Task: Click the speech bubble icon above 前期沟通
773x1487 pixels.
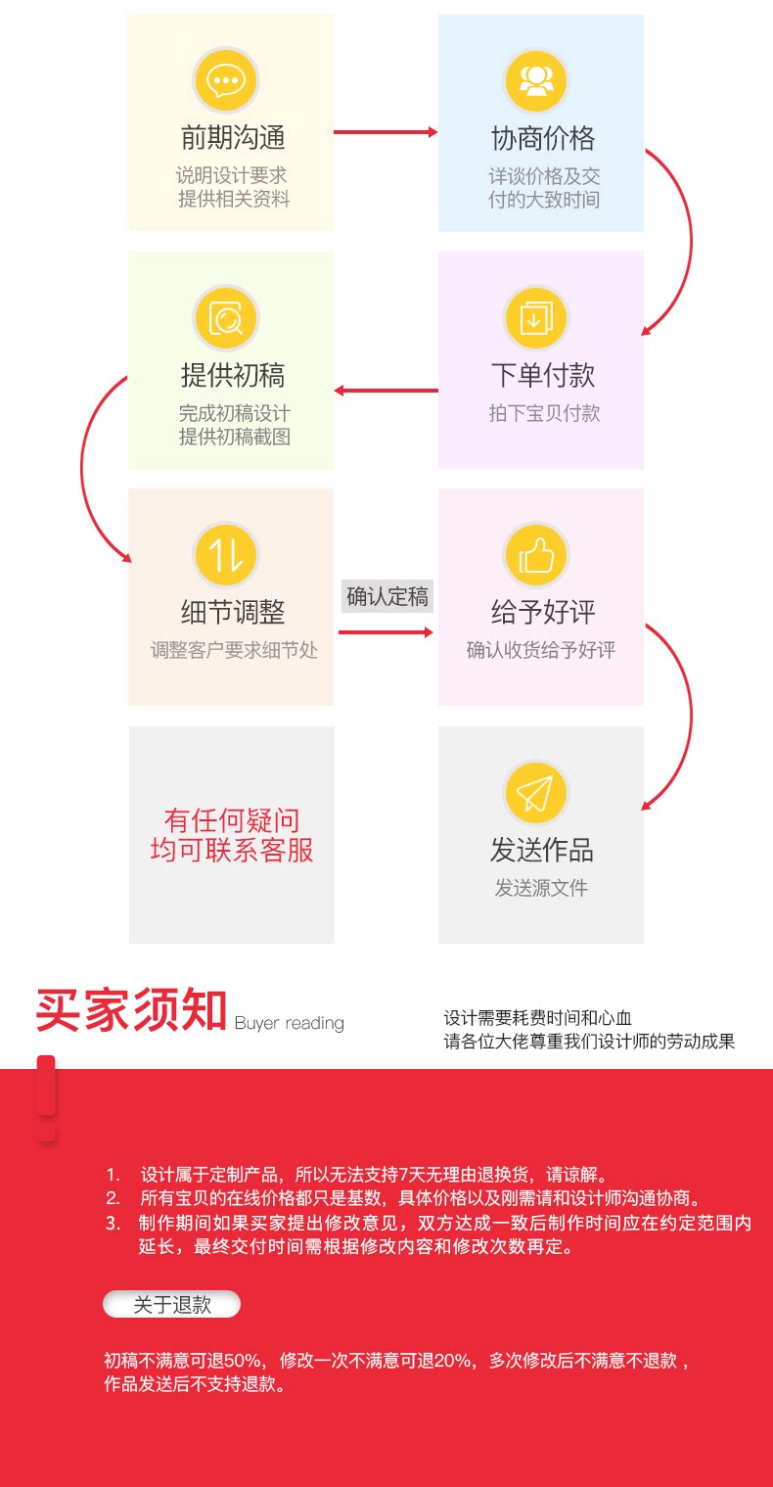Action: click(x=226, y=79)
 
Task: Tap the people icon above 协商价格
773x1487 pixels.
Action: click(x=535, y=79)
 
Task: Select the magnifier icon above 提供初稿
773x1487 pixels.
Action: click(x=226, y=317)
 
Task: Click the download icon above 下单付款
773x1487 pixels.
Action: click(x=535, y=317)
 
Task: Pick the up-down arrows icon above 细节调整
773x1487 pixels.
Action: click(x=226, y=555)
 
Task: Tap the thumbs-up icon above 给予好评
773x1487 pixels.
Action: click(x=535, y=555)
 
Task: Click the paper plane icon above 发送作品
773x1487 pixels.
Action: click(x=535, y=793)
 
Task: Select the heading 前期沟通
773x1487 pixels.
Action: click(x=233, y=138)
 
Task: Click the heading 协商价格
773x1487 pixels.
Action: click(x=543, y=138)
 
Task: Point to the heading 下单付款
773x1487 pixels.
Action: click(x=543, y=375)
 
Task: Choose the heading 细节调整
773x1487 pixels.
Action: click(x=233, y=613)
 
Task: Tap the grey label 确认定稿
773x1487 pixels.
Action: click(x=387, y=596)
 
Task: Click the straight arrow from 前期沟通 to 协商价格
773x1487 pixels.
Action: click(x=386, y=132)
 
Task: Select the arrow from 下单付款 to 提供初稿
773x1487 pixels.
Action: click(x=386, y=391)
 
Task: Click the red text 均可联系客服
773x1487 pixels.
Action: click(x=232, y=850)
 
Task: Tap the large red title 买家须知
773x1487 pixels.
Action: click(x=131, y=1011)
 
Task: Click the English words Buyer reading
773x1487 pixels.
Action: click(x=290, y=1023)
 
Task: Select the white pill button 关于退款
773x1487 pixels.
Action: click(x=172, y=1304)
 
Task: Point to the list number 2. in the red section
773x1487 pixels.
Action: click(x=114, y=1198)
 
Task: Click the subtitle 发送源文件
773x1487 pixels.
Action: click(x=541, y=888)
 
